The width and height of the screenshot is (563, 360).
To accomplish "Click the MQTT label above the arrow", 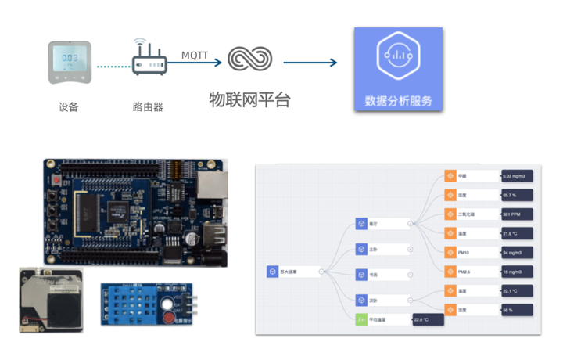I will [195, 55].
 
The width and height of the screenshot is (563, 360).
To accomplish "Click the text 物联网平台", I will [249, 99].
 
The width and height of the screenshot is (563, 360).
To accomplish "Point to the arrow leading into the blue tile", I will [310, 62].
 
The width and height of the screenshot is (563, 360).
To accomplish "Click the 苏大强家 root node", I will [292, 271].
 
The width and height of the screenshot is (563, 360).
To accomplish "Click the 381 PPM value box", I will [517, 214].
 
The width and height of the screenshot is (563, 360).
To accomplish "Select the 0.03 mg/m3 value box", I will [517, 176].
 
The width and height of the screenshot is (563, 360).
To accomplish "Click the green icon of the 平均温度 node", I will [361, 319].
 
